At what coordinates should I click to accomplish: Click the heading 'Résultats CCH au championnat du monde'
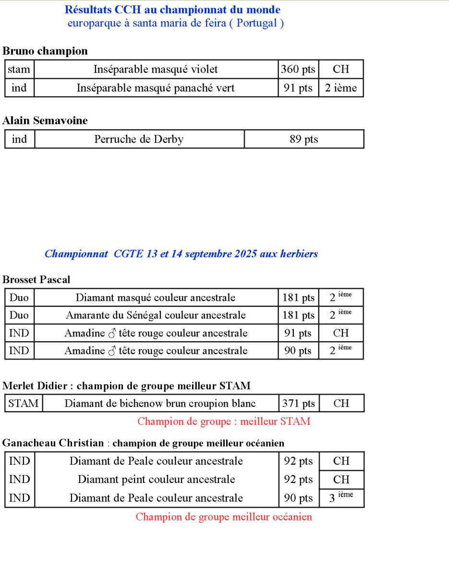tap(172, 10)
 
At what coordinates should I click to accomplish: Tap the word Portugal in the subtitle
tap(257, 23)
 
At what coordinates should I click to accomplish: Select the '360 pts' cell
tap(298, 69)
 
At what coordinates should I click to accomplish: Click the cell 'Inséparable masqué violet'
tap(156, 69)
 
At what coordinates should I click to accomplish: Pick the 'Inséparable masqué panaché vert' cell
tap(156, 88)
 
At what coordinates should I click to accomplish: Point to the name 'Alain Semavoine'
tap(45, 121)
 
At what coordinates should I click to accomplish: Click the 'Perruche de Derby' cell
tap(139, 139)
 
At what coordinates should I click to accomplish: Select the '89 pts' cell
tap(303, 139)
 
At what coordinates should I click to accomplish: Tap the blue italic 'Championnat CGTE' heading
tap(181, 254)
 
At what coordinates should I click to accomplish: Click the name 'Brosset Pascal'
tap(36, 280)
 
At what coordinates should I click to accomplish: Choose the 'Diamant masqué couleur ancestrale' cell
tap(156, 297)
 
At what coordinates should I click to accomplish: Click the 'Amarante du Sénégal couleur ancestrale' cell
tap(156, 315)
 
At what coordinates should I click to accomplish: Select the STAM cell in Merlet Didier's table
tap(24, 403)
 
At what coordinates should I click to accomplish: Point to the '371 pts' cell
tap(298, 403)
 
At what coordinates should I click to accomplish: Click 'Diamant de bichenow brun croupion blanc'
tap(160, 403)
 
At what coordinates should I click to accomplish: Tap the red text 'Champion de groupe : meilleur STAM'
tap(224, 421)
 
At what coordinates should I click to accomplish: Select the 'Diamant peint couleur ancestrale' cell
tap(156, 479)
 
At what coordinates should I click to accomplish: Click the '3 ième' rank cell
tap(341, 497)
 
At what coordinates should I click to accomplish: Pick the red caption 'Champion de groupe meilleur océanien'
tap(224, 517)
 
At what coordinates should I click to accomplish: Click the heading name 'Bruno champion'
tap(45, 51)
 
